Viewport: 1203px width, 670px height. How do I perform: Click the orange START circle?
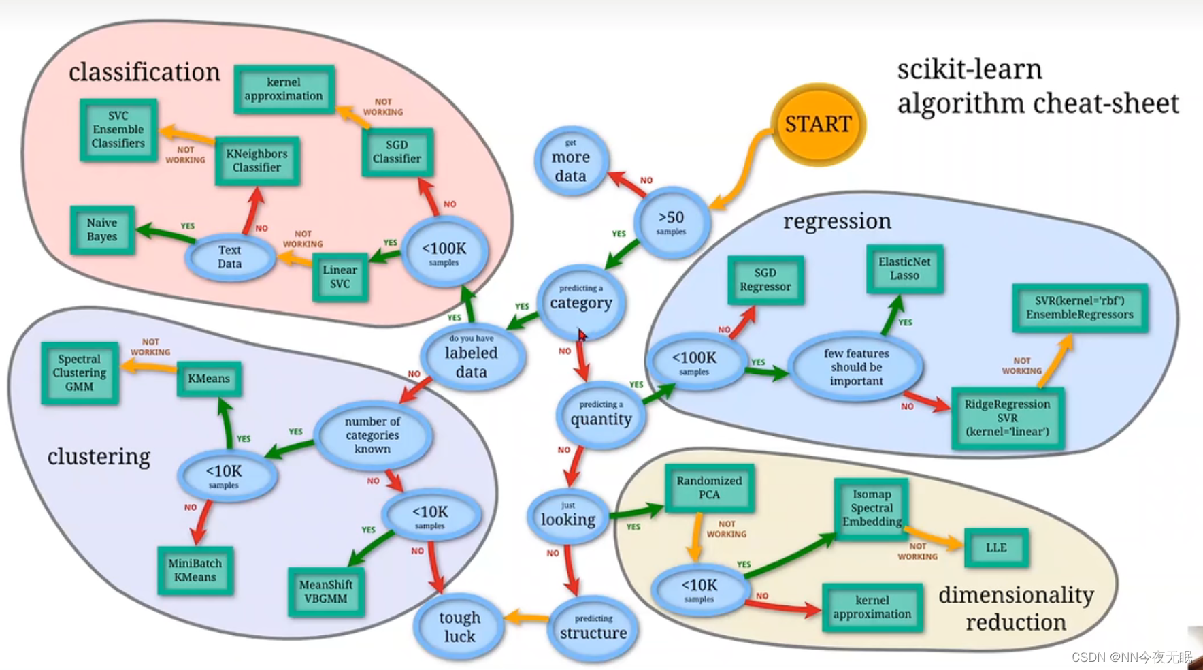tap(818, 125)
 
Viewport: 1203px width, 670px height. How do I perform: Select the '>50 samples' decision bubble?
tap(672, 222)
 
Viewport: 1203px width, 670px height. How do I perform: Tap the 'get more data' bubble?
tap(570, 161)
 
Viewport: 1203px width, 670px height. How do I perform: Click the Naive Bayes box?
tap(102, 230)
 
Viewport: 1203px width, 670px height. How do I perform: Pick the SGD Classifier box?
tap(397, 152)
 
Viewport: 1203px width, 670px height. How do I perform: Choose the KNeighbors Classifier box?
tap(257, 161)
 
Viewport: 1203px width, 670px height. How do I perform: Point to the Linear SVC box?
tap(340, 276)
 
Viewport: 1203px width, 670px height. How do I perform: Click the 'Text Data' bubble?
tap(230, 257)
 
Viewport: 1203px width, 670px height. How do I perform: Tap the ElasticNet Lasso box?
tap(904, 269)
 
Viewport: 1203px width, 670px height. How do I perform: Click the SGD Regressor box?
tap(765, 280)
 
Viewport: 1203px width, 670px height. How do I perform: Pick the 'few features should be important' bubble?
tap(856, 367)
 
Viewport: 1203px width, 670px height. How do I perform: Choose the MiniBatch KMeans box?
tap(195, 571)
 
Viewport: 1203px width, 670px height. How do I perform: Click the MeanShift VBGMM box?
tap(326, 592)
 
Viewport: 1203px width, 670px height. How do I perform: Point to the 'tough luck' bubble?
tap(459, 626)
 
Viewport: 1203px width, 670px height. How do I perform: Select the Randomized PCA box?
tap(709, 488)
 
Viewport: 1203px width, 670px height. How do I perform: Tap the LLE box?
tap(996, 547)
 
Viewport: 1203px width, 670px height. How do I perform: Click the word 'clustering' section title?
tap(99, 456)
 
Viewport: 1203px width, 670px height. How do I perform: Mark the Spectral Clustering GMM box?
tap(80, 373)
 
